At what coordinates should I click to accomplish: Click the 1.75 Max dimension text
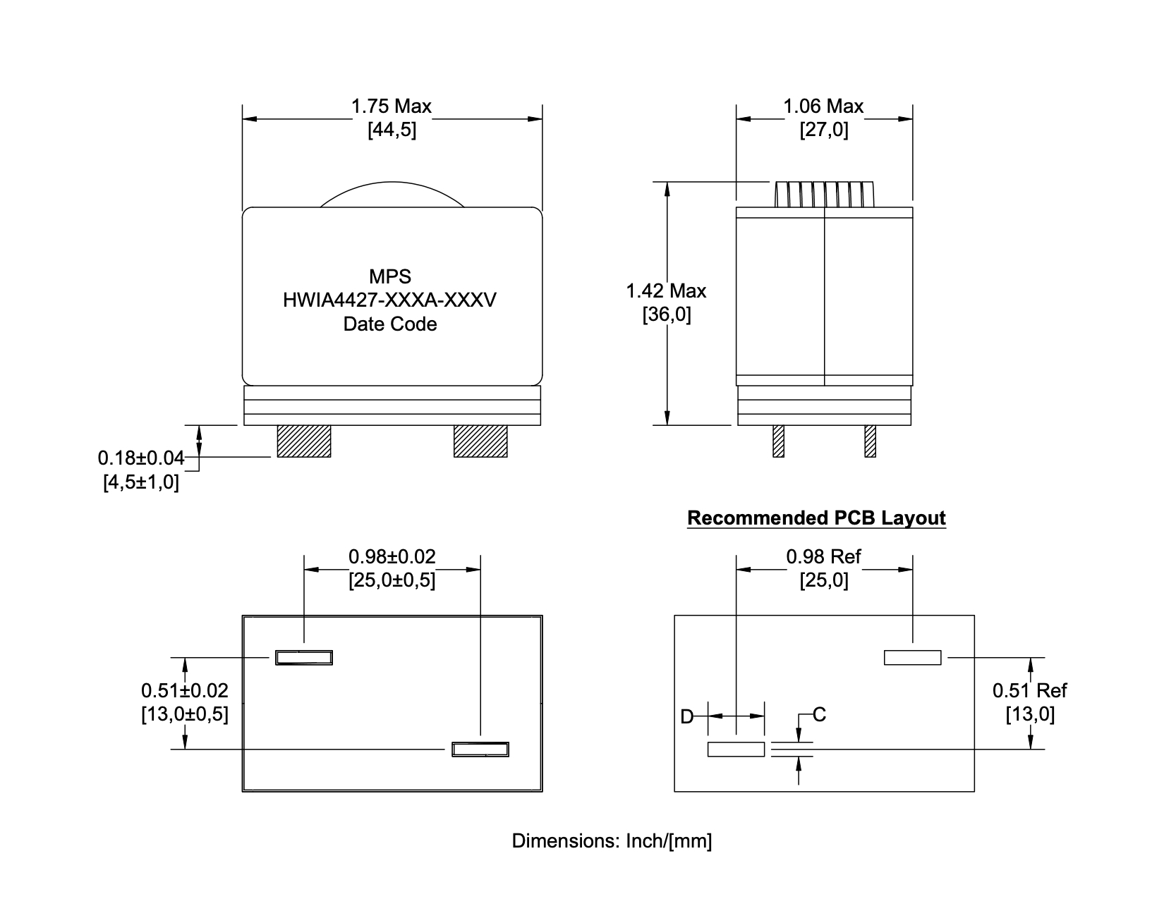click(x=392, y=106)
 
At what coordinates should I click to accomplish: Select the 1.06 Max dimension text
click(x=823, y=106)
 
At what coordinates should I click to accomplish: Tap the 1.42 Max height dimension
click(x=666, y=291)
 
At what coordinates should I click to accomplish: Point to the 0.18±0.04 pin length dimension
click(x=140, y=458)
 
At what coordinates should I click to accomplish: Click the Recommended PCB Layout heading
click(x=816, y=518)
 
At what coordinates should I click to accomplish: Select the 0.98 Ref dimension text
click(x=823, y=557)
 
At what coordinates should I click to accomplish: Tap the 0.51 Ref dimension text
click(x=1029, y=690)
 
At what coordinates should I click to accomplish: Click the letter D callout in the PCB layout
click(x=686, y=717)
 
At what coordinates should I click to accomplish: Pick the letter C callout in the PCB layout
click(x=819, y=715)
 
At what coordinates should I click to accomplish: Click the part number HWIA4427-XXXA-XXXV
click(x=389, y=300)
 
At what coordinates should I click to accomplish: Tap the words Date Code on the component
click(x=389, y=324)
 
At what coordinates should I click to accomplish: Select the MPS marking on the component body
click(x=389, y=276)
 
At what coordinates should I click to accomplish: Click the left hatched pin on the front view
click(x=304, y=441)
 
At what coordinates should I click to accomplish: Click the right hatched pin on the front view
click(x=480, y=441)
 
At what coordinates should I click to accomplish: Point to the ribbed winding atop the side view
click(x=824, y=195)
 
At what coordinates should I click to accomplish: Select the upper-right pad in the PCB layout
click(x=912, y=657)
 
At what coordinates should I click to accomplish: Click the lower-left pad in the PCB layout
click(x=736, y=749)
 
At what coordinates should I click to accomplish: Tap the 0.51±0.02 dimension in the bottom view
click(x=185, y=690)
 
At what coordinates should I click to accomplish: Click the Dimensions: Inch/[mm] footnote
click(x=612, y=841)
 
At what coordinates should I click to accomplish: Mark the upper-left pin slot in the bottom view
click(x=304, y=658)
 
